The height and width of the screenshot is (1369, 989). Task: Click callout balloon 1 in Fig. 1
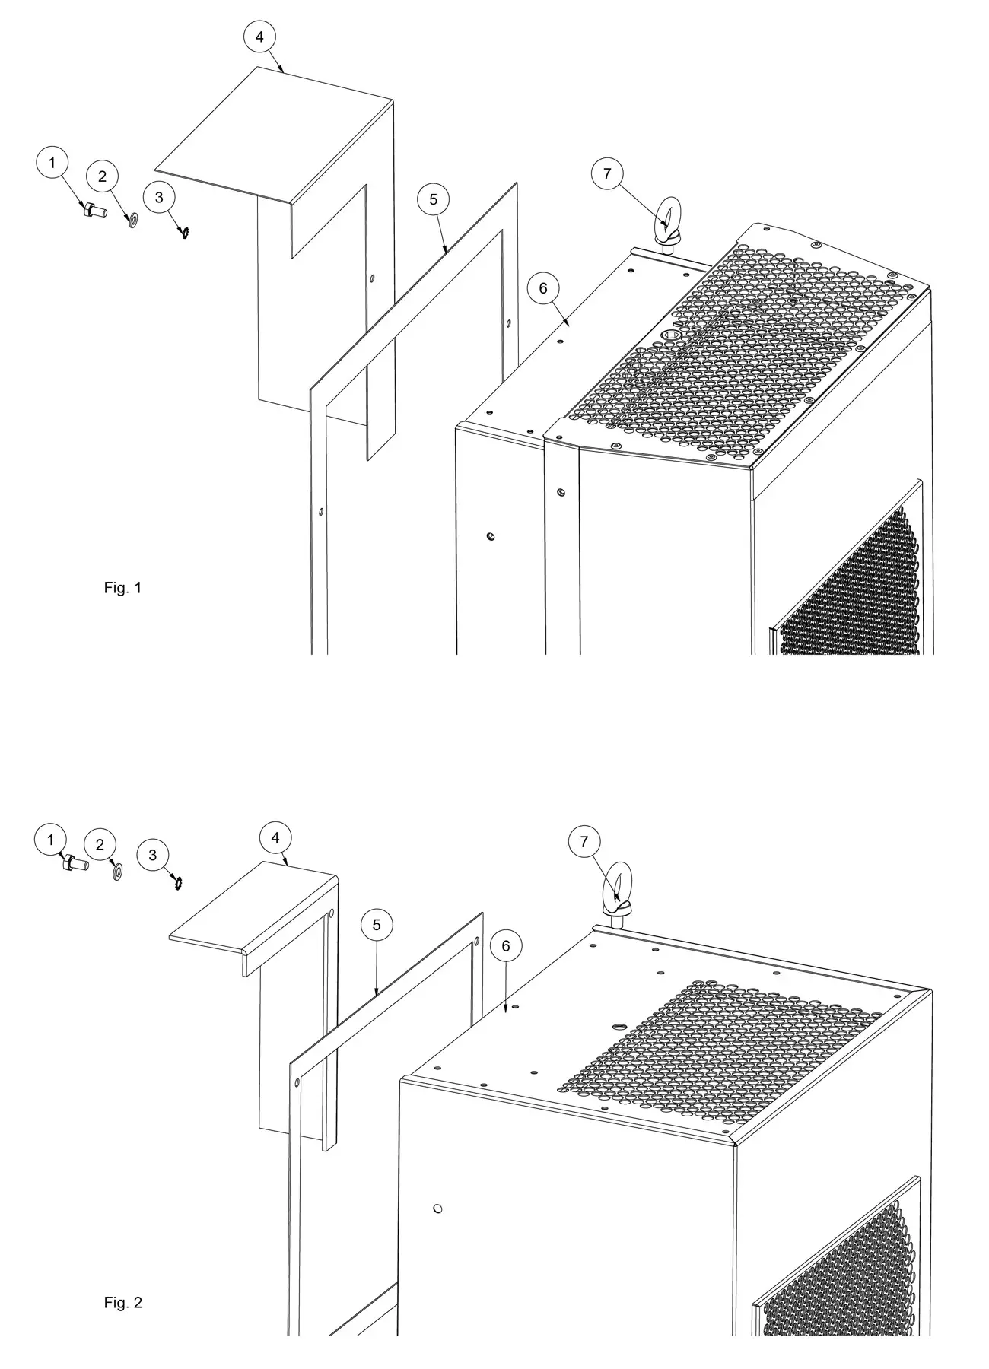(52, 163)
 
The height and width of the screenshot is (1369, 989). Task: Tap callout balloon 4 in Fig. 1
(260, 37)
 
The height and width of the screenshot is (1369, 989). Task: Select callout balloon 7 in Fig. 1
(606, 174)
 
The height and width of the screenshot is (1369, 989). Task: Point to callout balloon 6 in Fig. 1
(542, 289)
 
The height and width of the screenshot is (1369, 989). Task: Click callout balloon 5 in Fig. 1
(433, 200)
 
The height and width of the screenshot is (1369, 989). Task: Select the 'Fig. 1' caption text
(122, 588)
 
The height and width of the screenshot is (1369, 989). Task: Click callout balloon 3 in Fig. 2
(153, 855)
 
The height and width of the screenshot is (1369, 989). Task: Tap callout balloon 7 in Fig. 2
(584, 842)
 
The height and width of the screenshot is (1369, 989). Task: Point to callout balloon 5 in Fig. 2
(377, 926)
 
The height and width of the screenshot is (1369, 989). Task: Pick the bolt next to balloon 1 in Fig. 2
(74, 863)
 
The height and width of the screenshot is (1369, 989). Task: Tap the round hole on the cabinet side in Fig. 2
(437, 1209)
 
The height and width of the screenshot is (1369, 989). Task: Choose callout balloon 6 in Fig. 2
(506, 946)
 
